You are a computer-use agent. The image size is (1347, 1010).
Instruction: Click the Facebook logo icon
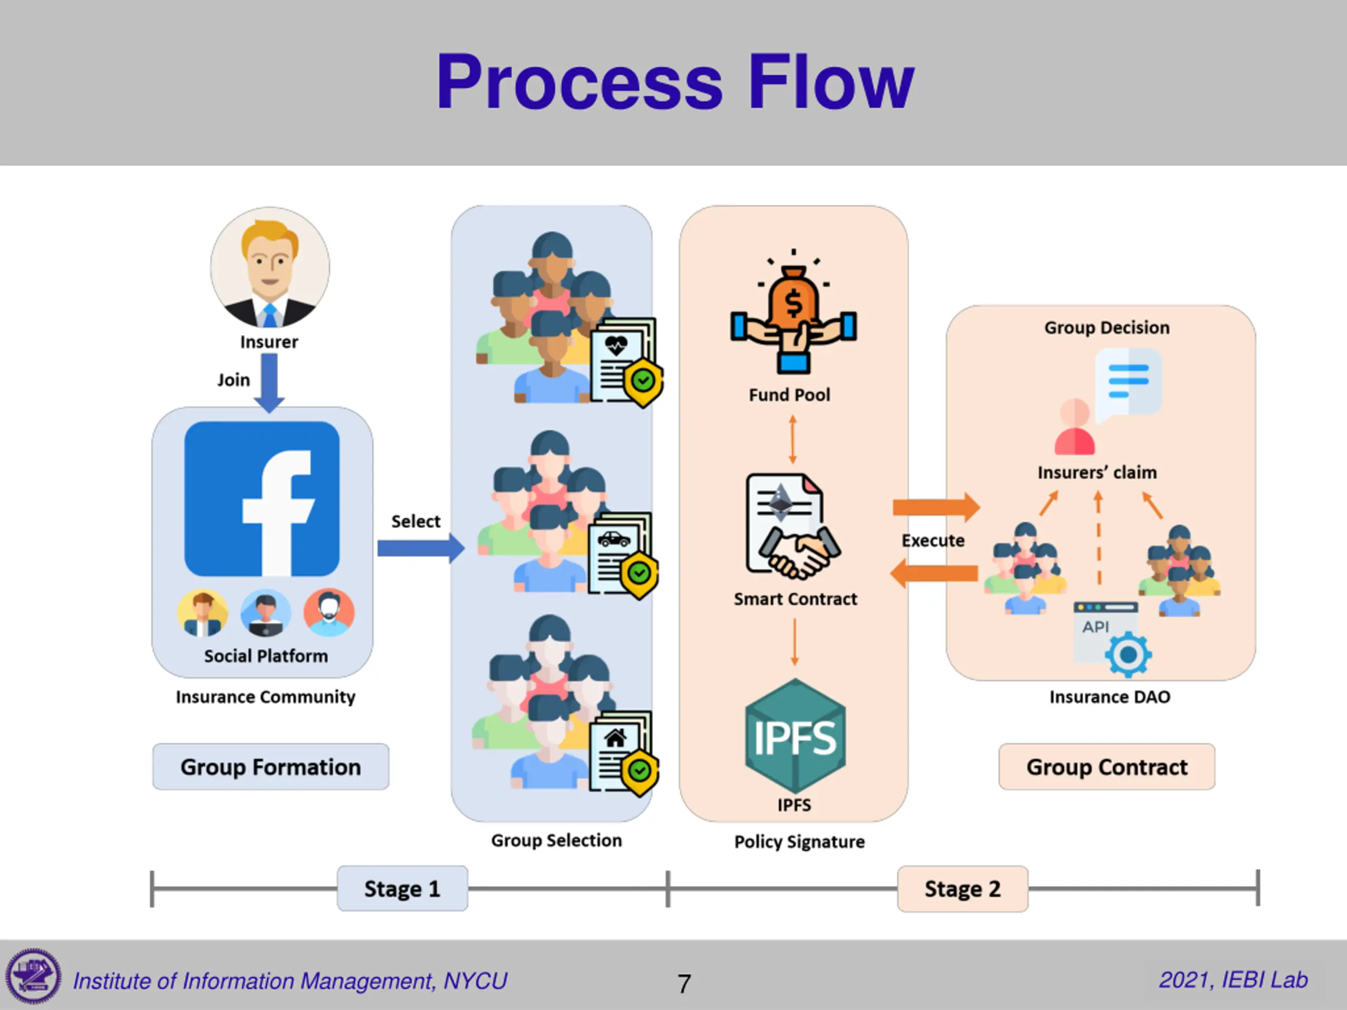(262, 499)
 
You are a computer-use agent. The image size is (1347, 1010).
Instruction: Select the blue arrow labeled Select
(420, 548)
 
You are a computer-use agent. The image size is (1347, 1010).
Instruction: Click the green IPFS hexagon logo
(795, 736)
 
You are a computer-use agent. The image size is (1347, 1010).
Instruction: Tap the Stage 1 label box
(403, 888)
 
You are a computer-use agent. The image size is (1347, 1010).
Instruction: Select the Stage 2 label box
(962, 888)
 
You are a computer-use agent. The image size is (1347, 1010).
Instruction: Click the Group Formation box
(270, 766)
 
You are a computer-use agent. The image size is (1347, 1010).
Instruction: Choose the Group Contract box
(1107, 766)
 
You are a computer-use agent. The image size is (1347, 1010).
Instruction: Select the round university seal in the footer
(34, 976)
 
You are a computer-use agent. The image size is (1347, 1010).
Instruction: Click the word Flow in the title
(831, 82)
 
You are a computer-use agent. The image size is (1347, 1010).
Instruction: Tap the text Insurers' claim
(1097, 472)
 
